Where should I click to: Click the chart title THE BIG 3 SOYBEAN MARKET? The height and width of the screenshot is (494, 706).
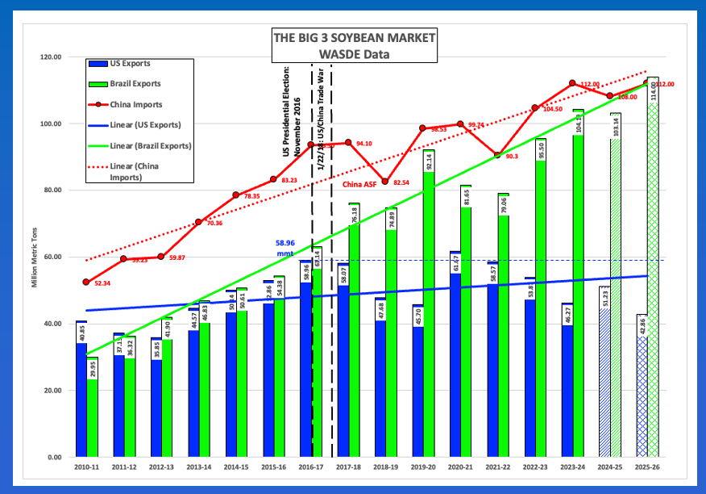click(355, 39)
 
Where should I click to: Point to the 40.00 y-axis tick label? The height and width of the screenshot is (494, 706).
click(52, 324)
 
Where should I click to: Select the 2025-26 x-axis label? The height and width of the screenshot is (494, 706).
click(647, 467)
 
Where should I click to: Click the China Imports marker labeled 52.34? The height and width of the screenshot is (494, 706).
click(86, 282)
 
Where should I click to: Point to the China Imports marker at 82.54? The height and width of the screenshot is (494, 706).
click(385, 182)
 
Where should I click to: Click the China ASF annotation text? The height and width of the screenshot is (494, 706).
click(359, 185)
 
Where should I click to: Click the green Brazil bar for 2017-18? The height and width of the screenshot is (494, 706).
click(354, 331)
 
